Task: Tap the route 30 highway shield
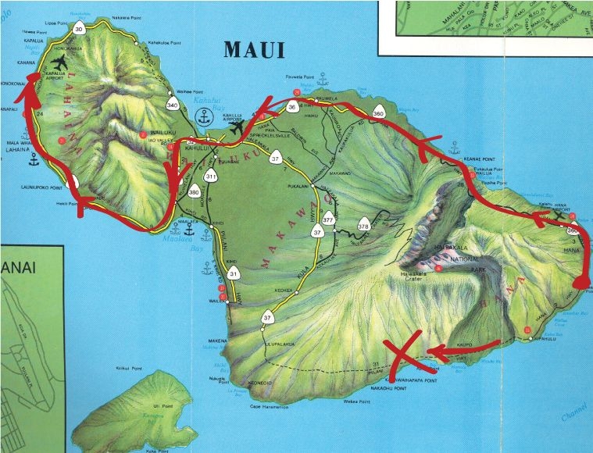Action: tap(79, 30)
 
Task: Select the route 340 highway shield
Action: tap(173, 104)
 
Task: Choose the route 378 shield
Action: tap(363, 226)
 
